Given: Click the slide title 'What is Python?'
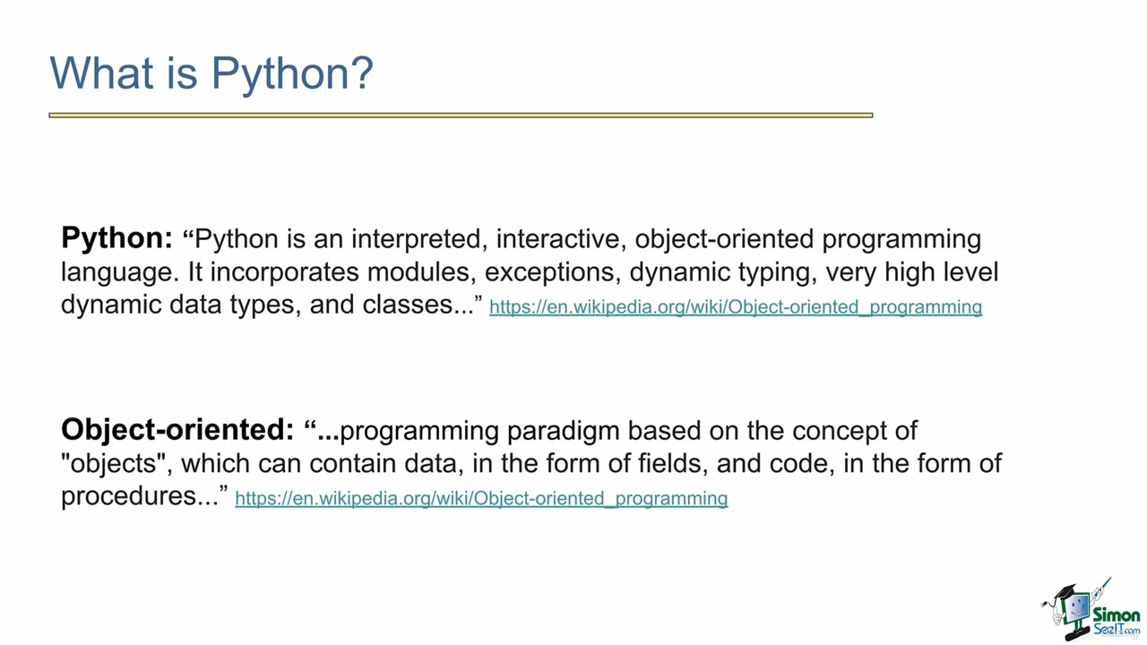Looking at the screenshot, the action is (x=211, y=74).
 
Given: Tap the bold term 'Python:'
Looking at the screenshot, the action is (x=117, y=239).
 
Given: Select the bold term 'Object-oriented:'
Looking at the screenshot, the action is (x=177, y=429).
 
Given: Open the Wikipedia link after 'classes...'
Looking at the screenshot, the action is (x=736, y=307).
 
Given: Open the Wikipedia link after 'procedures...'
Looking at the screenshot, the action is (x=481, y=499).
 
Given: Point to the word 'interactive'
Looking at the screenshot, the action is (x=558, y=238).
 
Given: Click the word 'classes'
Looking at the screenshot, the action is (x=408, y=305).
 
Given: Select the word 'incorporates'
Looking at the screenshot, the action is (x=285, y=272).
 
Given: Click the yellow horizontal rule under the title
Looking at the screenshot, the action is (x=461, y=116).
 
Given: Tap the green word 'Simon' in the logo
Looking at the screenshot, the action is (x=1117, y=615).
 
